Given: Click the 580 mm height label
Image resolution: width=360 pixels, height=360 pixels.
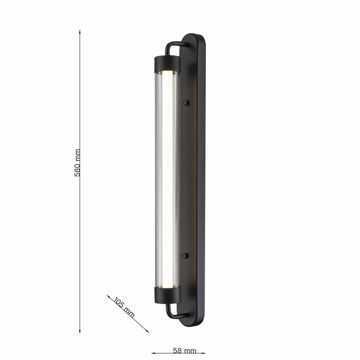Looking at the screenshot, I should (78, 163).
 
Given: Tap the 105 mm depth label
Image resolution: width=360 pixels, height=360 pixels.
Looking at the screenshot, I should (124, 307).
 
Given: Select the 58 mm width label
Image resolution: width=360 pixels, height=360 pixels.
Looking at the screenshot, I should (184, 351).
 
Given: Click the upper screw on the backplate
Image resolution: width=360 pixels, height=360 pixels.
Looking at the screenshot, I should (185, 102).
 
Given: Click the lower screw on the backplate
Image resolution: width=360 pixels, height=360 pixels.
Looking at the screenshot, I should (185, 255).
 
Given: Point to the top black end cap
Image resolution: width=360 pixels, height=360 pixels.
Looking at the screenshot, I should (167, 64).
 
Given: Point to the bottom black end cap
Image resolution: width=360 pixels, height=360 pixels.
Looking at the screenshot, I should (168, 295).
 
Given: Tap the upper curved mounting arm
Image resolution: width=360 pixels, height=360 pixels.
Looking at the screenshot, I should (174, 45).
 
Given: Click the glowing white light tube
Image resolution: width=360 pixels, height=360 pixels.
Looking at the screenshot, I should (168, 180).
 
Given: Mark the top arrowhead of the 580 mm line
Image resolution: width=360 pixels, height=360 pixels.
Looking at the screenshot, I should (80, 32).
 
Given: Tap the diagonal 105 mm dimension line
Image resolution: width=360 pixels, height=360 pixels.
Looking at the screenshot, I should (135, 321).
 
